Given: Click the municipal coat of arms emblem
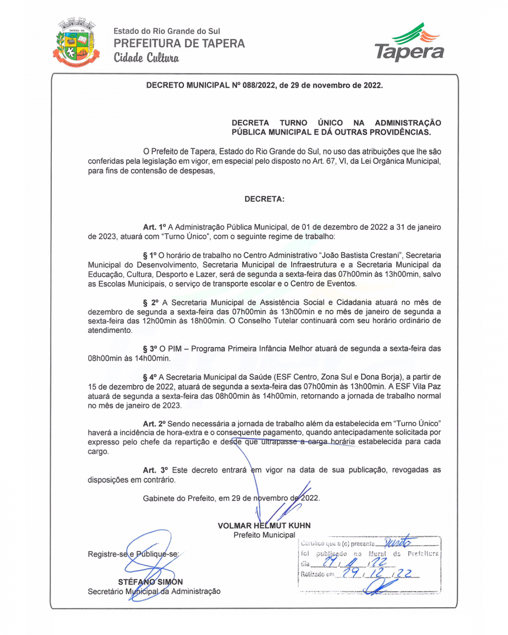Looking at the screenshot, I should click(x=76, y=42).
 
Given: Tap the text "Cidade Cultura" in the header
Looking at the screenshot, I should click(x=146, y=58).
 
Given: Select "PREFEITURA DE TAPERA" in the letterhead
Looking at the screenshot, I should click(x=179, y=44).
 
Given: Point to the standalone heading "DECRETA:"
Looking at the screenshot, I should click(x=264, y=199).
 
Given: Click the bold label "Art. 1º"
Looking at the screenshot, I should click(x=154, y=227).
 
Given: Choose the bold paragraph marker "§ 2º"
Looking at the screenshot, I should click(x=151, y=303).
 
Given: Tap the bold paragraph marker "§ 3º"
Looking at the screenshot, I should click(x=150, y=349).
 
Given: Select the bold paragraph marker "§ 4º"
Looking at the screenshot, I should click(x=150, y=377).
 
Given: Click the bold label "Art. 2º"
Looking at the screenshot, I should click(x=154, y=424).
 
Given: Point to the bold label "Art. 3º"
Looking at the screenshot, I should click(x=155, y=470).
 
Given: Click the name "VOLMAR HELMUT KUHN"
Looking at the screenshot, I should click(x=264, y=526).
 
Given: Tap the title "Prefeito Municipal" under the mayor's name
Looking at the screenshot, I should click(x=264, y=535).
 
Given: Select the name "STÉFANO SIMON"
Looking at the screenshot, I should click(x=151, y=582).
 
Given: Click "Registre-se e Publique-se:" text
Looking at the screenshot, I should click(x=133, y=554).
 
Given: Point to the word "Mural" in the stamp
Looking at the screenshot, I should click(x=377, y=554).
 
